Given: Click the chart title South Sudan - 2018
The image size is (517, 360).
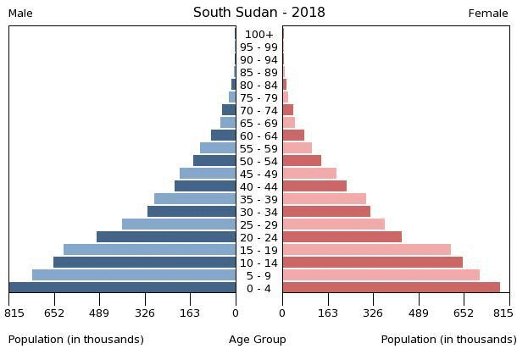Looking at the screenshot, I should pyautogui.click(x=258, y=13).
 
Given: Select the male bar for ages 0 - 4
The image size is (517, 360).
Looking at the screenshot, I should pyautogui.click(x=123, y=288).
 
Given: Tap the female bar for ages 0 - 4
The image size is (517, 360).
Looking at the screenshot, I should pyautogui.click(x=391, y=288).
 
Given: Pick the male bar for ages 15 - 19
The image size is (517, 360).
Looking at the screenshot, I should pyautogui.click(x=150, y=250).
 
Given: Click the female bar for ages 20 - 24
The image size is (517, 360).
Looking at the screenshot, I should pyautogui.click(x=342, y=237).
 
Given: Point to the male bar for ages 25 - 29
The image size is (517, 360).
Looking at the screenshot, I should pyautogui.click(x=179, y=224).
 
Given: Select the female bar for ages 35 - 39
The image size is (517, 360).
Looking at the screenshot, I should pyautogui.click(x=324, y=199).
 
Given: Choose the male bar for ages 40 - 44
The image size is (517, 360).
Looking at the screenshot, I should pyautogui.click(x=205, y=186).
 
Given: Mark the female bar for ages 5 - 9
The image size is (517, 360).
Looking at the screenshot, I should pyautogui.click(x=381, y=275).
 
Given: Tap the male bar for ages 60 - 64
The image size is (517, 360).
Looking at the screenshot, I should pyautogui.click(x=224, y=136).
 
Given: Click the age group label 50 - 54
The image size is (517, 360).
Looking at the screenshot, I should pyautogui.click(x=258, y=161).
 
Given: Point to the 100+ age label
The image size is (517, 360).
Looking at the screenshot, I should pyautogui.click(x=258, y=35).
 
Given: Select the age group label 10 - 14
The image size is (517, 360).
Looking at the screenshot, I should pyautogui.click(x=258, y=263).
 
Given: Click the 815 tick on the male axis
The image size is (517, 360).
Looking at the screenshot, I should pyautogui.click(x=14, y=313).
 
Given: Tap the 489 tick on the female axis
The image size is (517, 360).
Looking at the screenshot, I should pyautogui.click(x=418, y=313).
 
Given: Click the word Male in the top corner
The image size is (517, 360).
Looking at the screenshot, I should pyautogui.click(x=20, y=14).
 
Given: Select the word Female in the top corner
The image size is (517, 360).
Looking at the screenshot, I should pyautogui.click(x=488, y=14).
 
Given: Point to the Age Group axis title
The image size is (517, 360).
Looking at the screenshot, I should pyautogui.click(x=258, y=340).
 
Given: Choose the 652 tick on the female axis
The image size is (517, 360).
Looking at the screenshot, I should pyautogui.click(x=464, y=313).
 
